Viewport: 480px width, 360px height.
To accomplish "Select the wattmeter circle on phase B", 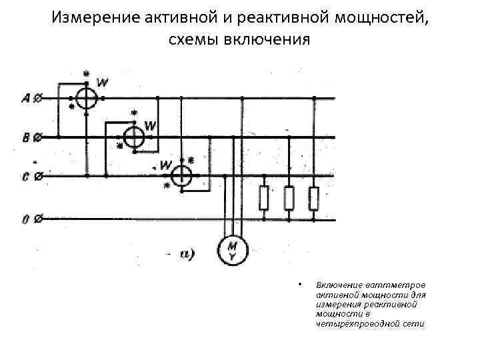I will click(135, 137).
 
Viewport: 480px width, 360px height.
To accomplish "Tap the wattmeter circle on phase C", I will click(180, 176).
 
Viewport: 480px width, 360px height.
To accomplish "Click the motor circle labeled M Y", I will click(232, 251).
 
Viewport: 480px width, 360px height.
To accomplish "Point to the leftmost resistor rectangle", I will click(264, 197).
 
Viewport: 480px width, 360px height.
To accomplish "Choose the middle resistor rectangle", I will click(289, 197).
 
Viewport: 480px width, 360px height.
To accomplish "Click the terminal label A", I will click(25, 99).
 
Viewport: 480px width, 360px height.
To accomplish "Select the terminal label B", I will click(25, 138).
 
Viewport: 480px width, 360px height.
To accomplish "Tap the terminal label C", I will click(25, 177).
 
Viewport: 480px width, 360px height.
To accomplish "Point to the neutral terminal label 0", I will click(25, 218).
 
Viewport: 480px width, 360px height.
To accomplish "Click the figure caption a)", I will click(187, 253).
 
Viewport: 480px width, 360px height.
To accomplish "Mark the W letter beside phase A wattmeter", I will click(103, 83).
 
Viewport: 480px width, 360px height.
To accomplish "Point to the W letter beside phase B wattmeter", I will click(151, 125).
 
